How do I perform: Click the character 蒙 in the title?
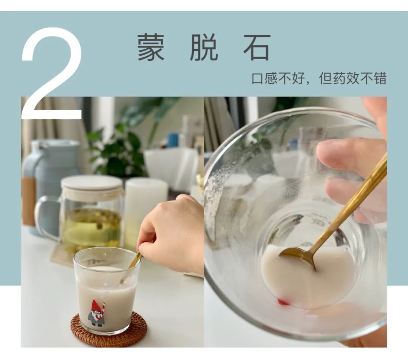tap(151, 48)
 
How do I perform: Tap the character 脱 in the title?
tap(204, 48)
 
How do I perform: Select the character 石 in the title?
tap(257, 48)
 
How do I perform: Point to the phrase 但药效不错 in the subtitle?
tap(352, 78)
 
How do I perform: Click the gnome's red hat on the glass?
tap(96, 306)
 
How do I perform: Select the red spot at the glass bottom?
tap(283, 302)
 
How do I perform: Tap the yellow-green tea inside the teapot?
tap(91, 226)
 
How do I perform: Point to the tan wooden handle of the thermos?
tap(28, 200)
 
